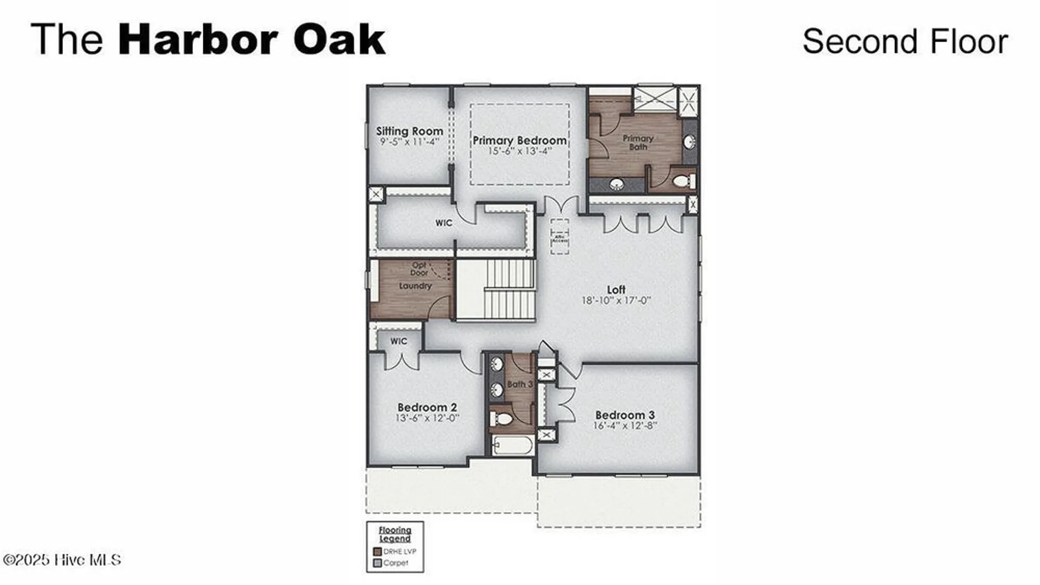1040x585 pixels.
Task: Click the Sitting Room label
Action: click(x=410, y=131)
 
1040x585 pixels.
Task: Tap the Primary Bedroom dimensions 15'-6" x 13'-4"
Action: click(x=519, y=151)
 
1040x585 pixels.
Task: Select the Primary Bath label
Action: click(x=638, y=142)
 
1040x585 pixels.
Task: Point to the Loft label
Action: click(x=616, y=289)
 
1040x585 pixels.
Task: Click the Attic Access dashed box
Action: click(x=560, y=237)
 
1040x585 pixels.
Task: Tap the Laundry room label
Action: click(x=415, y=286)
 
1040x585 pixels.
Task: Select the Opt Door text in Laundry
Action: click(x=419, y=269)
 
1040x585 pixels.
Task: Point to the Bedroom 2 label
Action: click(x=427, y=407)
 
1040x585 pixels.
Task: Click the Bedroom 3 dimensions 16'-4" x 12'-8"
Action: click(x=625, y=426)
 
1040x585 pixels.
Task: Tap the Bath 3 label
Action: click(x=519, y=384)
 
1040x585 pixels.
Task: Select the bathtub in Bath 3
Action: click(x=513, y=446)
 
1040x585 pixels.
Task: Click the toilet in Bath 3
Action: click(x=501, y=419)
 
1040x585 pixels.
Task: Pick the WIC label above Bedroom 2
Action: click(x=399, y=341)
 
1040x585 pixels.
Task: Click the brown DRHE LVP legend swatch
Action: click(x=378, y=552)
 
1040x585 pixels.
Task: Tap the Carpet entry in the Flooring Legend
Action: click(x=395, y=563)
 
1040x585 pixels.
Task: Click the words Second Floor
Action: click(x=905, y=42)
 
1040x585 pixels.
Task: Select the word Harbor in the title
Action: click(x=198, y=39)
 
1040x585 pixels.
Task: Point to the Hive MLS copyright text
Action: click(x=62, y=560)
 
